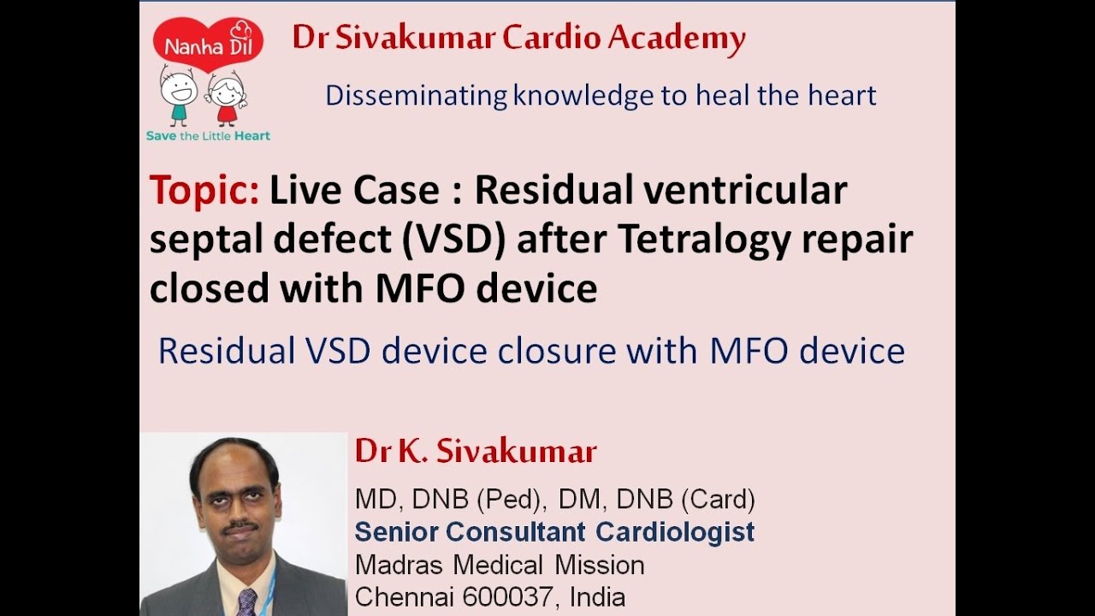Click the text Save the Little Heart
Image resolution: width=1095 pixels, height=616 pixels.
click(208, 136)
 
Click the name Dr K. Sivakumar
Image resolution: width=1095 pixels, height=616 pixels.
click(476, 452)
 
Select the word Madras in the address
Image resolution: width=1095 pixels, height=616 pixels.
click(400, 565)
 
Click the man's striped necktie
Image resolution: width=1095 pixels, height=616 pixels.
click(246, 602)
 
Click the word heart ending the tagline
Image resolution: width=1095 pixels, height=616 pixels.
click(843, 95)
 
